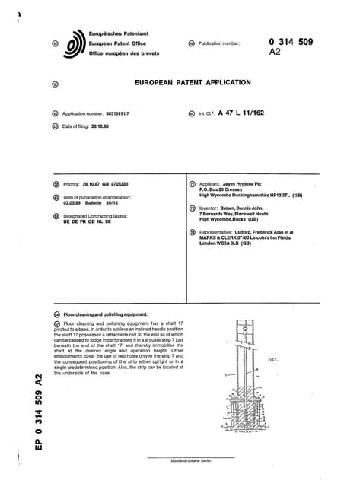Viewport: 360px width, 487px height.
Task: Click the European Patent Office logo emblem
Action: click(x=75, y=44)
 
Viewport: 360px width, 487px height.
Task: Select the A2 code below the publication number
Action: click(x=276, y=54)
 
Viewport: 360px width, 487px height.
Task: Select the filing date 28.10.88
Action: click(x=95, y=126)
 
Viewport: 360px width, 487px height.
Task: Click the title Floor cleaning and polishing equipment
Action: click(x=115, y=314)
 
